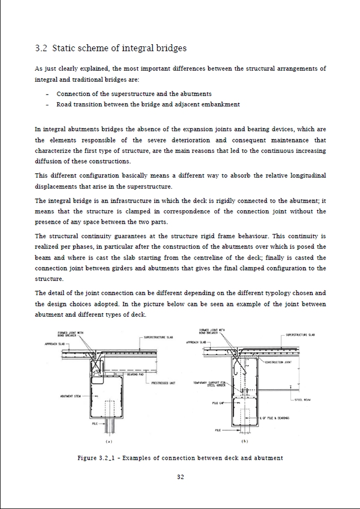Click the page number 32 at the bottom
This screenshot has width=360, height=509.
click(x=181, y=477)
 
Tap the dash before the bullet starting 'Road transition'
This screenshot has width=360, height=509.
click(x=47, y=105)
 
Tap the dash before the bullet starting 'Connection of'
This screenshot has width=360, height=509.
click(x=47, y=94)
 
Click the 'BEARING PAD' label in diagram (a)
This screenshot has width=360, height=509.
click(x=134, y=374)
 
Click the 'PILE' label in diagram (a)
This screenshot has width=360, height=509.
click(x=95, y=424)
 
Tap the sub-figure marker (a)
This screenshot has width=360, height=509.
click(x=109, y=442)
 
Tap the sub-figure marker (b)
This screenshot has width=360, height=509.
click(x=245, y=442)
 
